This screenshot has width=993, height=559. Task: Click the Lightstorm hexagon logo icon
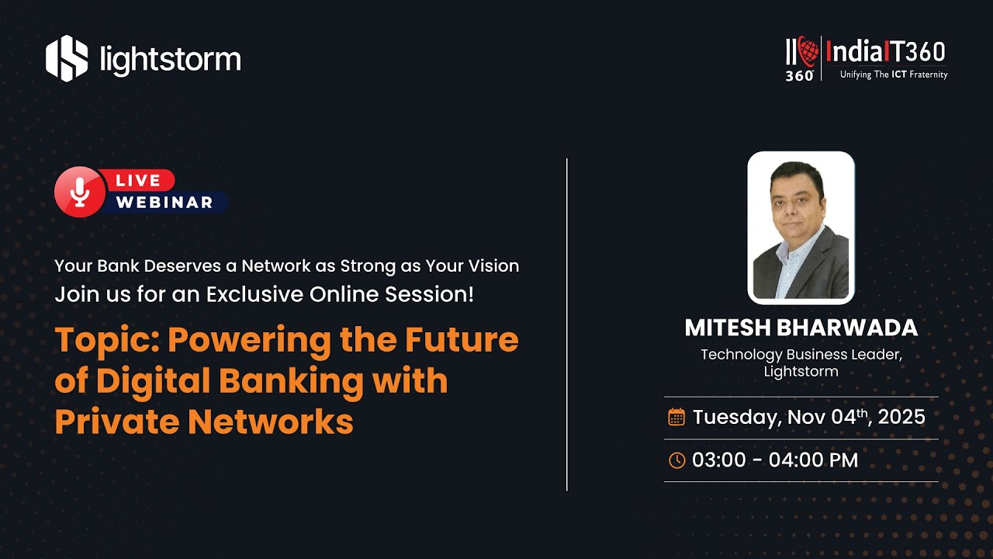pyautogui.click(x=67, y=58)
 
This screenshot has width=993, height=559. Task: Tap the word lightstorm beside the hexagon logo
pyautogui.click(x=171, y=60)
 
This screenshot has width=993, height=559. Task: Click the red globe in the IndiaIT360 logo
pyautogui.click(x=808, y=51)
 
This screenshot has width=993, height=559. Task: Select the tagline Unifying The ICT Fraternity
pyautogui.click(x=894, y=75)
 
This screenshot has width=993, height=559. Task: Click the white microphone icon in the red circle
pyautogui.click(x=80, y=192)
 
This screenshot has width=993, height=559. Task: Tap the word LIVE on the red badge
pyautogui.click(x=138, y=181)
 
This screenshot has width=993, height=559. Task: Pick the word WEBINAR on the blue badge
pyautogui.click(x=164, y=203)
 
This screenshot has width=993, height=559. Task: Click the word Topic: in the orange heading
pyautogui.click(x=106, y=341)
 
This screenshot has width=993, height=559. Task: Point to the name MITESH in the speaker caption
pyautogui.click(x=728, y=328)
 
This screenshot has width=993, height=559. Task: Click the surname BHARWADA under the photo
pyautogui.click(x=846, y=328)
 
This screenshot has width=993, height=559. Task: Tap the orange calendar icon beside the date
pyautogui.click(x=676, y=417)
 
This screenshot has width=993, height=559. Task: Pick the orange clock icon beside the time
pyautogui.click(x=676, y=460)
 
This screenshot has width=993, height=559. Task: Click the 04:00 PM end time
pyautogui.click(x=814, y=460)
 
